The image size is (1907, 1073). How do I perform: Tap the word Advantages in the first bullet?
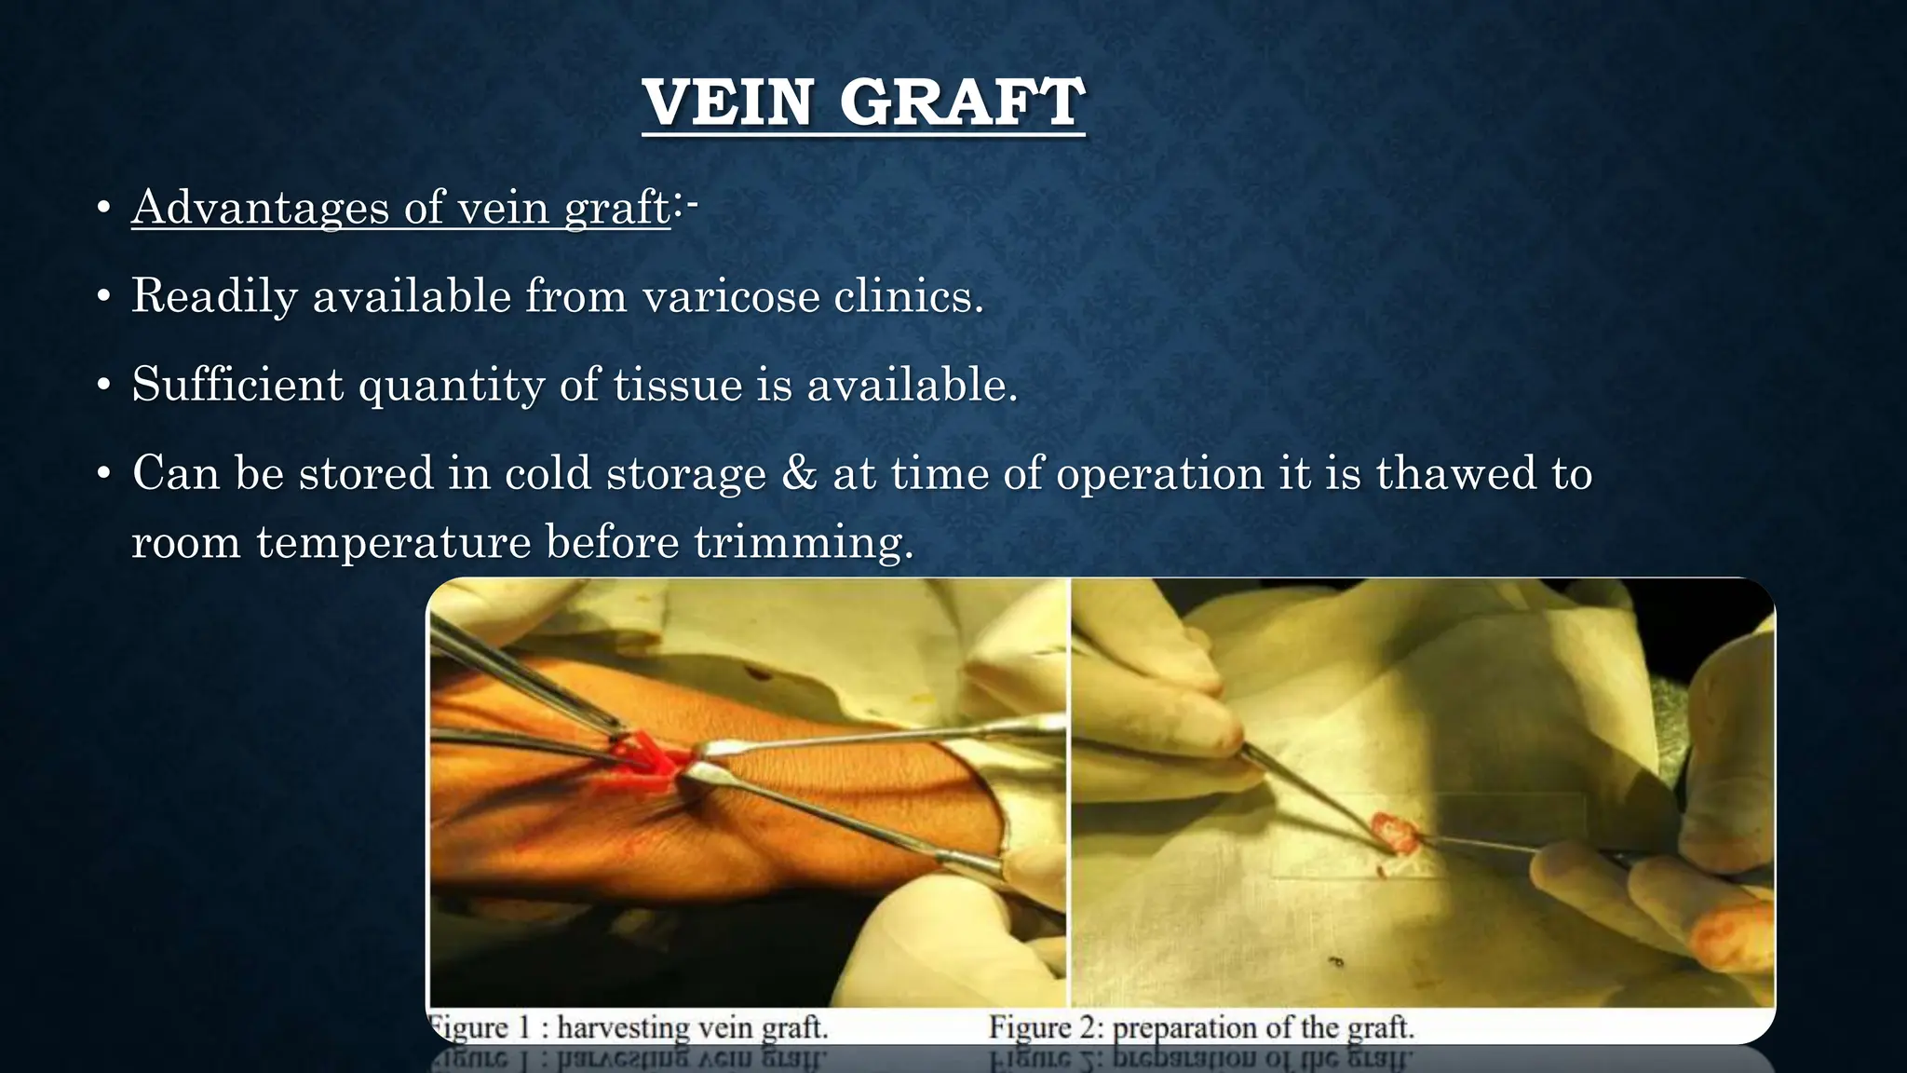point(260,207)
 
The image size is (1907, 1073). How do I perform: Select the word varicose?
point(731,296)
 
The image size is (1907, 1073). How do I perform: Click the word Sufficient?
point(237,384)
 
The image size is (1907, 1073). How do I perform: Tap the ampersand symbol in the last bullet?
point(799,472)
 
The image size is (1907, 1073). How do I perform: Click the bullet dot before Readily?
point(104,298)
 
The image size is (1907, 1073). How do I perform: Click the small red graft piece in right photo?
point(1394,832)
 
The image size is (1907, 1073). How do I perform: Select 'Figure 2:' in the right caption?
point(1045,1027)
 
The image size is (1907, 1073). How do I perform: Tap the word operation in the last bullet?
point(1159,472)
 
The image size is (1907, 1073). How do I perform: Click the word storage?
point(685,472)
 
